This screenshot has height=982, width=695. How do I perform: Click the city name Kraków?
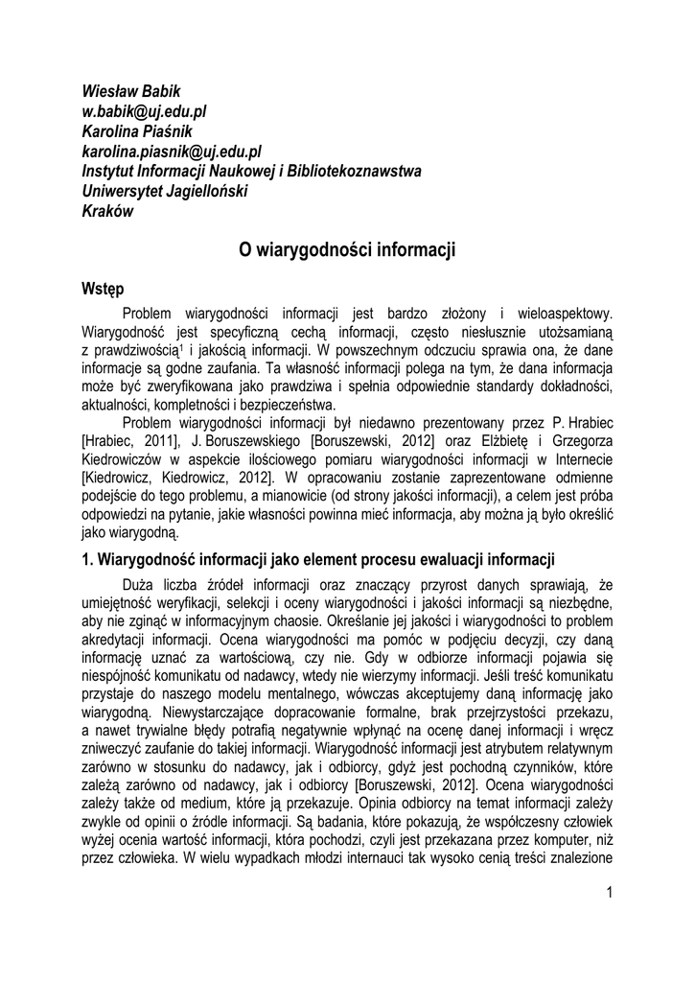point(108,211)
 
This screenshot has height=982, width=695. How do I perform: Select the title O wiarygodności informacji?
point(347,251)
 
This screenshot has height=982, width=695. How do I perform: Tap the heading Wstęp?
point(103,288)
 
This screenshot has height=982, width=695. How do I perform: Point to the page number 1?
point(609,894)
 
